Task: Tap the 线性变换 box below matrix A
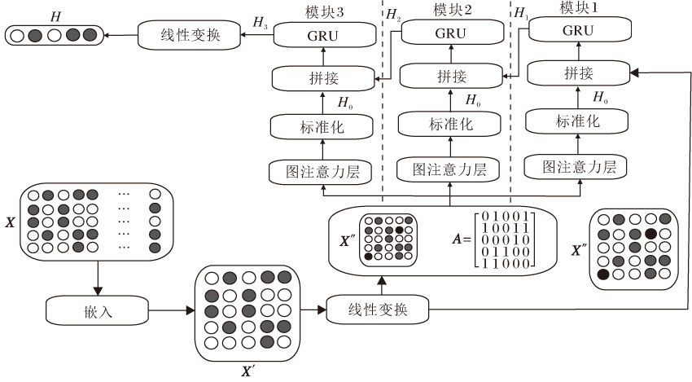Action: (377, 310)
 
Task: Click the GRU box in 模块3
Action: (322, 36)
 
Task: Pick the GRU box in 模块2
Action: (451, 33)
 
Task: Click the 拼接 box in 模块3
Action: (322, 79)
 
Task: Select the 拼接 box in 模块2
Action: (451, 77)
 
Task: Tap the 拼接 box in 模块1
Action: (579, 74)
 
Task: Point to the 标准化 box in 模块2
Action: (450, 124)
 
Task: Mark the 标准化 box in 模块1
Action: (578, 121)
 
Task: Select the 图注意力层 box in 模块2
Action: (449, 170)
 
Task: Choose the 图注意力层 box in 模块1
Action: (577, 168)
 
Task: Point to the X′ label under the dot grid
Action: (247, 371)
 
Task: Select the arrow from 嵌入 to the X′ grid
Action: (172, 310)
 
